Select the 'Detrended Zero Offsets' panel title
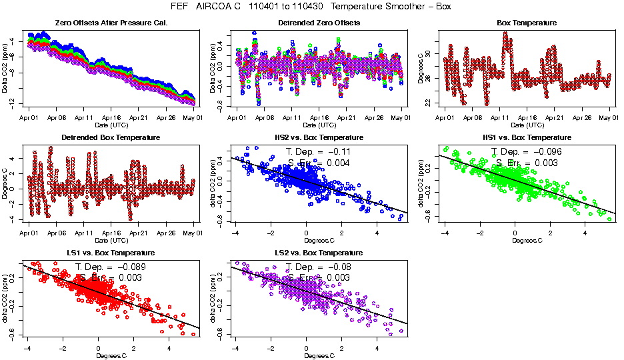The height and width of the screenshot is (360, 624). click(319, 23)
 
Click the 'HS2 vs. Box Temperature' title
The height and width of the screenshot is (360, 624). click(319, 138)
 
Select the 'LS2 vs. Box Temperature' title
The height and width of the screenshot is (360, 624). click(319, 253)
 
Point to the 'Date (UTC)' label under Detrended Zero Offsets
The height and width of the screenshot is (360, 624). click(319, 125)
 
